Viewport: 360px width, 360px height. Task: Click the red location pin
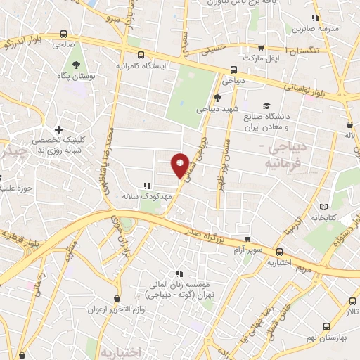[x=181, y=165]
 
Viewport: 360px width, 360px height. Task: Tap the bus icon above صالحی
[x=64, y=34]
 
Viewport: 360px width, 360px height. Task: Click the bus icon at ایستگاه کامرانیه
[x=141, y=54]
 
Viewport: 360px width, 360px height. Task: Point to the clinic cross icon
[x=58, y=129]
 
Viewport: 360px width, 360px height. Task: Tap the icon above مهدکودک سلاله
[x=146, y=186]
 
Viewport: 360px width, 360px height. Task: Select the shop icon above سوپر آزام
[x=246, y=239]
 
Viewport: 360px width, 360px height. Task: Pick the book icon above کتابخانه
[x=323, y=207]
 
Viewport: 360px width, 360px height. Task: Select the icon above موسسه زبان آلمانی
[x=180, y=274]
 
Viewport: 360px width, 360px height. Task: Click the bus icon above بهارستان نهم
[x=326, y=325]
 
